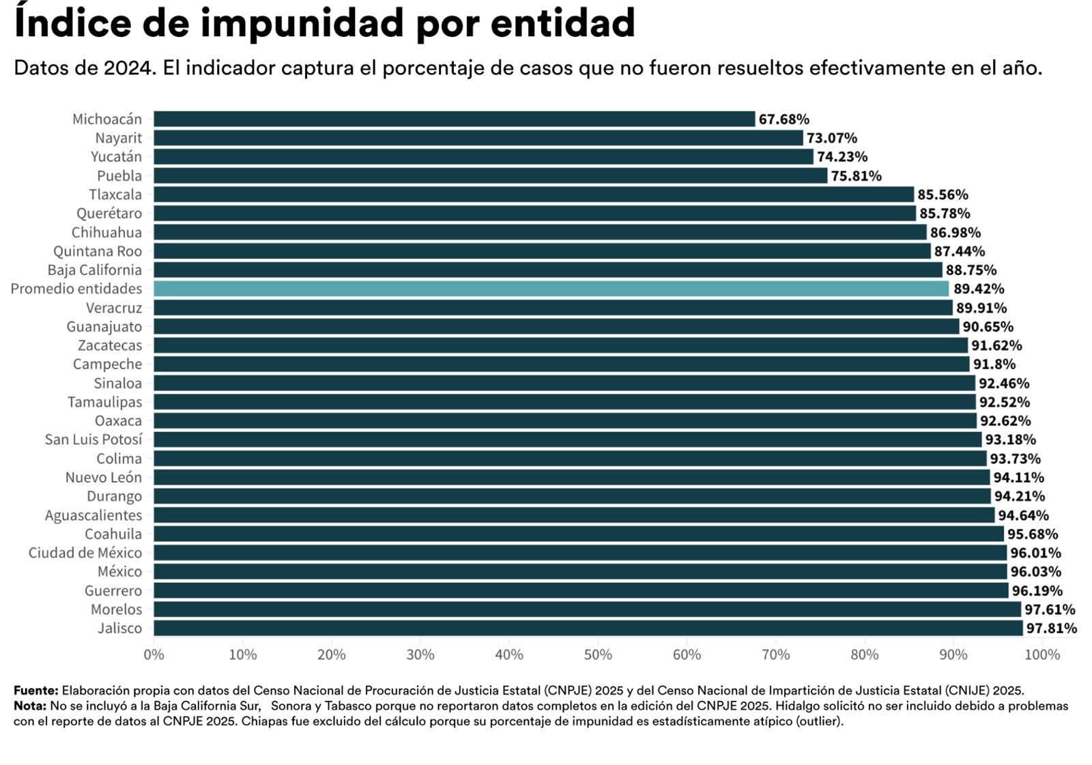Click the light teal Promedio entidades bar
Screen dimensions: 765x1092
[551, 289]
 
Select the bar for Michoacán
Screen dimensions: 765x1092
[454, 119]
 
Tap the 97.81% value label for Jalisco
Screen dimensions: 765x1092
[1051, 629]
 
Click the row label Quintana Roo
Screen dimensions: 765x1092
[98, 251]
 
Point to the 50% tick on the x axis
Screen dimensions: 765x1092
[598, 655]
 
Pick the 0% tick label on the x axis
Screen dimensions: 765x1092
[154, 655]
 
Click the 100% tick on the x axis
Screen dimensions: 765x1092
[1042, 655]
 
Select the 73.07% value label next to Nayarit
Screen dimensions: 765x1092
[832, 138]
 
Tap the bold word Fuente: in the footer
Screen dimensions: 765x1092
[35, 691]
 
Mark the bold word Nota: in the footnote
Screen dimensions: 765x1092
[30, 706]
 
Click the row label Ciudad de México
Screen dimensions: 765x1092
[85, 553]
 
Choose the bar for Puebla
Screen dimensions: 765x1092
[490, 175]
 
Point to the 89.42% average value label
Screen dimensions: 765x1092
[979, 289]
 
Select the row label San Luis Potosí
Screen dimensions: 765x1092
[94, 439]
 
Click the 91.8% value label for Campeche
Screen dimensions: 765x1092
[994, 364]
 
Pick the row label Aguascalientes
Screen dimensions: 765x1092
[94, 515]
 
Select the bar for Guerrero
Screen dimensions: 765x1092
[581, 590]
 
